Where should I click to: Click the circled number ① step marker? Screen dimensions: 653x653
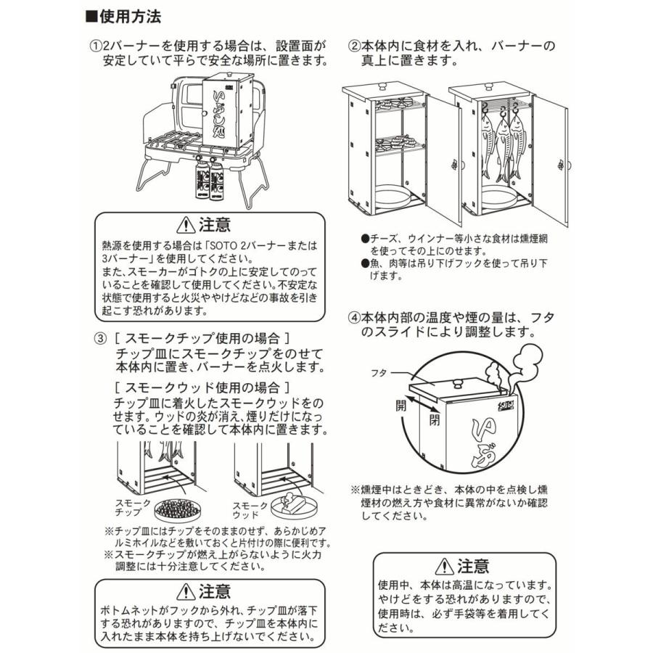click(x=96, y=46)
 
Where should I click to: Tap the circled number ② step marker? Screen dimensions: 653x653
click(x=354, y=46)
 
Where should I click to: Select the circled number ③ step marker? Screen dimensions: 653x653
click(x=101, y=339)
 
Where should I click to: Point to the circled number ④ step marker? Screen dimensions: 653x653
click(x=354, y=318)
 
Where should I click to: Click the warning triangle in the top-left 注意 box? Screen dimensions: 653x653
click(x=186, y=225)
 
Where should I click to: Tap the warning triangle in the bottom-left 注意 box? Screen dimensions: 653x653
click(x=186, y=591)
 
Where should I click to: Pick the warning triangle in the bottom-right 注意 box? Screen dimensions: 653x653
click(x=444, y=566)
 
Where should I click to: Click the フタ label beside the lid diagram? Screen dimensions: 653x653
click(x=379, y=373)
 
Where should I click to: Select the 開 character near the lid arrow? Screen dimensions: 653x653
click(x=401, y=405)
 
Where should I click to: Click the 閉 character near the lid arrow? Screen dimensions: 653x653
click(x=434, y=419)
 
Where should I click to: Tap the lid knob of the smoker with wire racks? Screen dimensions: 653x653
click(x=382, y=86)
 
